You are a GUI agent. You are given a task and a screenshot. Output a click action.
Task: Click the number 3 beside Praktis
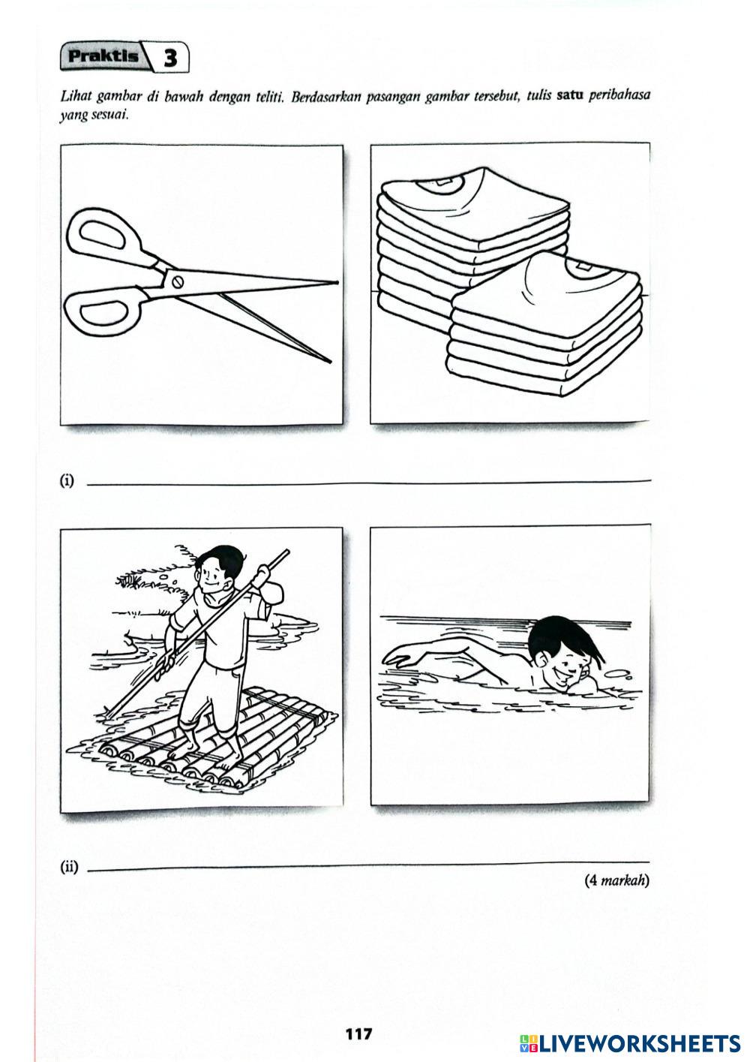point(170,59)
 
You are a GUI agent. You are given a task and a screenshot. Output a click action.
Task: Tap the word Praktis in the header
point(103,56)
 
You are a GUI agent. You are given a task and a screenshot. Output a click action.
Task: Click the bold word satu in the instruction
point(570,96)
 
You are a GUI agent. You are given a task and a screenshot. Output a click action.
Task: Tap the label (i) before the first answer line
point(67,481)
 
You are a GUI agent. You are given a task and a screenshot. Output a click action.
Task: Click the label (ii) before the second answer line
point(69,868)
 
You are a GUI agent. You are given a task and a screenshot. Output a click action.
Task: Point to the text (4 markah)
point(616,880)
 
